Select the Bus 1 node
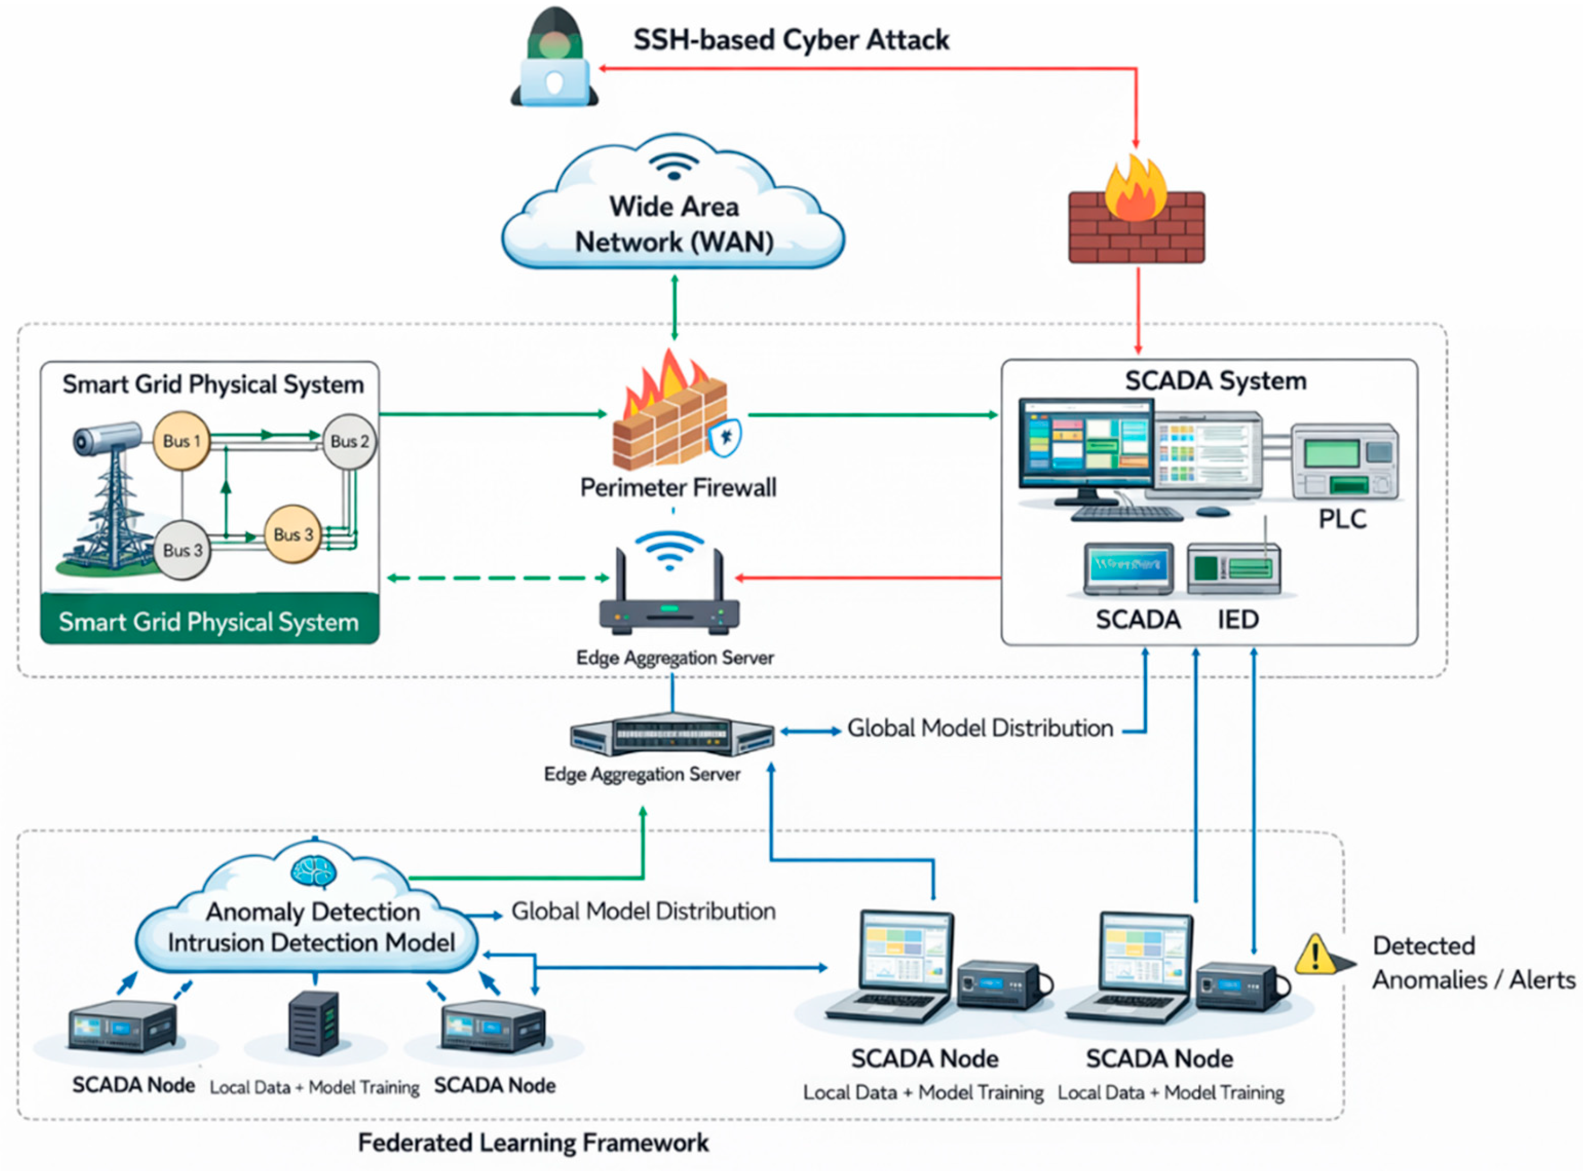click(x=181, y=440)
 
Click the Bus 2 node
click(x=349, y=441)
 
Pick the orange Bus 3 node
click(x=292, y=534)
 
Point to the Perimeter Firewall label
click(x=678, y=488)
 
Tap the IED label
click(x=1238, y=619)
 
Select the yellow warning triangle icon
click(x=1316, y=954)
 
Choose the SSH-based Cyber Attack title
click(x=791, y=40)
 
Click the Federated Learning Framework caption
click(x=533, y=1143)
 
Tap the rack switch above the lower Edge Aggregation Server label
click(x=672, y=735)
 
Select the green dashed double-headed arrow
click(x=498, y=578)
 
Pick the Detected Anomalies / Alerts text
click(x=1472, y=962)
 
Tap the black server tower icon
click(x=314, y=1023)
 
